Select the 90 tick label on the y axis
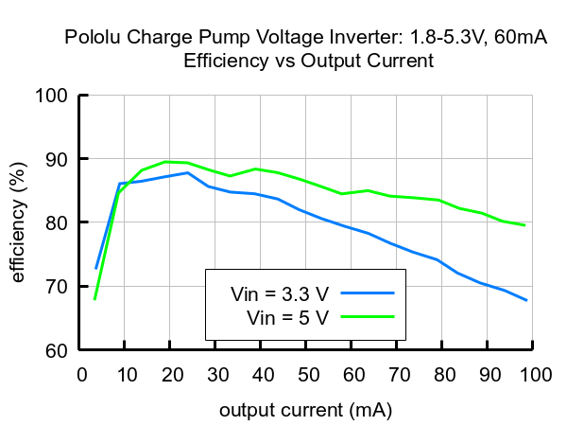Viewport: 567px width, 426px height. pyautogui.click(x=58, y=159)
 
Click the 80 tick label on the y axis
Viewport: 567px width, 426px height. pyautogui.click(x=58, y=222)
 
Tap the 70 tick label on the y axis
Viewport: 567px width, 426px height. pyautogui.click(x=58, y=286)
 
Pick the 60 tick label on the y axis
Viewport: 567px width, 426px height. pyautogui.click(x=58, y=350)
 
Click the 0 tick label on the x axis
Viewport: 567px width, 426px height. pyautogui.click(x=79, y=375)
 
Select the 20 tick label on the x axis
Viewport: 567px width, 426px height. pyautogui.click(x=170, y=375)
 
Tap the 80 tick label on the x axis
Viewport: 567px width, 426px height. pyautogui.click(x=442, y=375)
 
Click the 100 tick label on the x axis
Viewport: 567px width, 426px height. pyautogui.click(x=533, y=375)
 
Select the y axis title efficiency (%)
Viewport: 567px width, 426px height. pyautogui.click(x=18, y=222)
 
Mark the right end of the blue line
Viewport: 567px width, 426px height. pyautogui.click(x=525, y=300)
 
